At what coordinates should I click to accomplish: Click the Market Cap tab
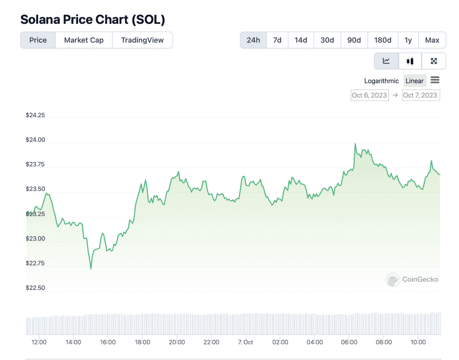click(x=84, y=40)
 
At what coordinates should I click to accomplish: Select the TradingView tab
click(x=142, y=40)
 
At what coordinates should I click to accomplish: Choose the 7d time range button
click(x=277, y=40)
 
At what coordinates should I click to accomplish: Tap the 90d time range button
click(x=354, y=40)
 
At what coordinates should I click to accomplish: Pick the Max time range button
click(x=432, y=40)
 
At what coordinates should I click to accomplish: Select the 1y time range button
click(x=408, y=40)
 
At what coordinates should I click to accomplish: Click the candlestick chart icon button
click(x=410, y=61)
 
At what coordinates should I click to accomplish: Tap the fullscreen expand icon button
click(x=434, y=61)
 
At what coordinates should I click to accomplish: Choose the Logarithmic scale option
click(x=381, y=81)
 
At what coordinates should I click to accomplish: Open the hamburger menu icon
click(x=435, y=80)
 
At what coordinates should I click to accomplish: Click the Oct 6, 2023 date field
click(x=369, y=95)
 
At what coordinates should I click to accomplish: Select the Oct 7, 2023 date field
click(x=421, y=95)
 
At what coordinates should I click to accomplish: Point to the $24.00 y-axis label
click(x=35, y=140)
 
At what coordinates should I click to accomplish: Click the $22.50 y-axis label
click(x=35, y=288)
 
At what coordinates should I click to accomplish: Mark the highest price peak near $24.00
click(x=355, y=144)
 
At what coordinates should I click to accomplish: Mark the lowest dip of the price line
click(x=91, y=269)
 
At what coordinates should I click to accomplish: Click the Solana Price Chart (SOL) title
click(x=93, y=20)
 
